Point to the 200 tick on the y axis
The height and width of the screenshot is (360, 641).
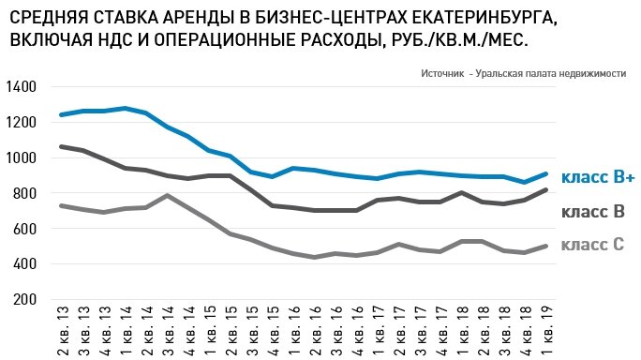click(24, 300)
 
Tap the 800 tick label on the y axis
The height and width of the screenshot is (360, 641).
click(24, 193)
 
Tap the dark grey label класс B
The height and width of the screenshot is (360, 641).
click(592, 213)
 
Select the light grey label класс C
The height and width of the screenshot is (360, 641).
click(592, 246)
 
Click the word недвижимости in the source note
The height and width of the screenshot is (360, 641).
click(590, 73)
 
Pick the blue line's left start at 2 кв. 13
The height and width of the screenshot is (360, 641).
click(62, 114)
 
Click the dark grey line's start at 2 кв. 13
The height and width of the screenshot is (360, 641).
click(62, 146)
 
